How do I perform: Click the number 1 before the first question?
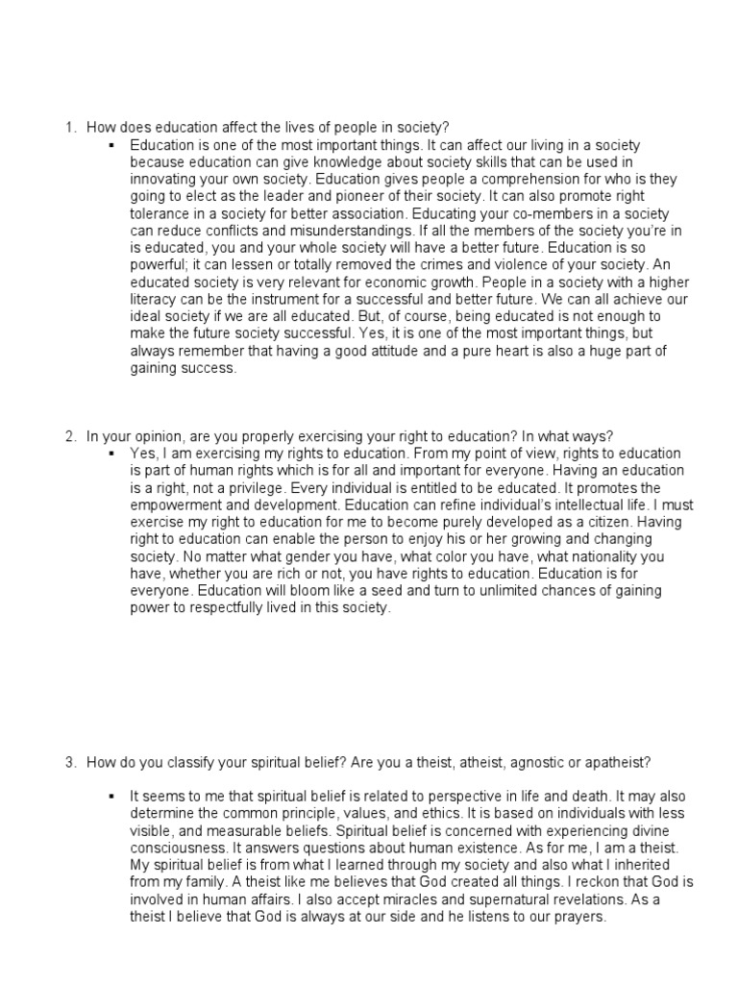(70, 127)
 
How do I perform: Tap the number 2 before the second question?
(70, 437)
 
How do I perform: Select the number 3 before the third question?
(70, 763)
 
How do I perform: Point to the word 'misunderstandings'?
(329, 231)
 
